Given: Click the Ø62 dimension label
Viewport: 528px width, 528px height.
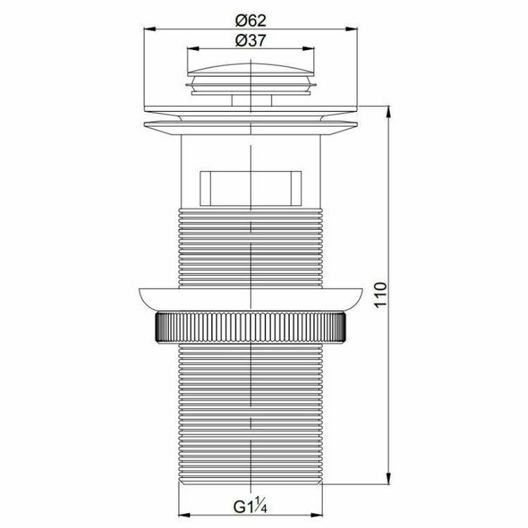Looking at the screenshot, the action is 251,21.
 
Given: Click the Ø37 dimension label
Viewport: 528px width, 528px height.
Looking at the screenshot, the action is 251,41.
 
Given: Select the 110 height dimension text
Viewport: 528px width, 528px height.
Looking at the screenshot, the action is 381,295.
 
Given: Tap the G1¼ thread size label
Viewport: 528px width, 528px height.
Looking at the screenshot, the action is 250,506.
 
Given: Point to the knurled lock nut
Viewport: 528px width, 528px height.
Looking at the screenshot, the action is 251,327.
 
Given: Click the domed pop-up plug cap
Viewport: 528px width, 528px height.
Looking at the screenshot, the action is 251,69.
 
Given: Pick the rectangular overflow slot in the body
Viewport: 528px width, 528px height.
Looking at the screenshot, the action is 251,189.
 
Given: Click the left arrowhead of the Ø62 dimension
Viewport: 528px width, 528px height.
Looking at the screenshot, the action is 149,30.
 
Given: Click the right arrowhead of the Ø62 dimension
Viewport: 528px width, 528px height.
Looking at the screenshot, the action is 351,30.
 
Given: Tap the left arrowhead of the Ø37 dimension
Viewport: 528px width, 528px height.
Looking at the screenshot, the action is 193,49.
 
